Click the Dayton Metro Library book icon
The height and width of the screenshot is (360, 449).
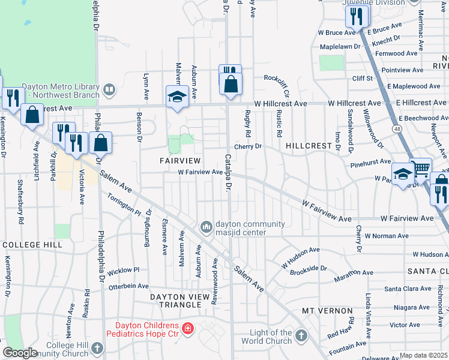(109, 90)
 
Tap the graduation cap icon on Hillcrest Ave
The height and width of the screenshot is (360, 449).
(177, 97)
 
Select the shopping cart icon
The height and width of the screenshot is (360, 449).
(421, 169)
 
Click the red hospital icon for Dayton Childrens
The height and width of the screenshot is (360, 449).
(188, 328)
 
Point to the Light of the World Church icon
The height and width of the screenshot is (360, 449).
(301, 335)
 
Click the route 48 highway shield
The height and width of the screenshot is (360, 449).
(398, 128)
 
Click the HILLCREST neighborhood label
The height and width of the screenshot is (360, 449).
(309, 146)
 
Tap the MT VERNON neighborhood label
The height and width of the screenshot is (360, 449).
(327, 311)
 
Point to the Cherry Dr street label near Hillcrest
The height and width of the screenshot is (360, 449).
(248, 146)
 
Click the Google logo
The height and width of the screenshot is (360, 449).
(20, 353)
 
